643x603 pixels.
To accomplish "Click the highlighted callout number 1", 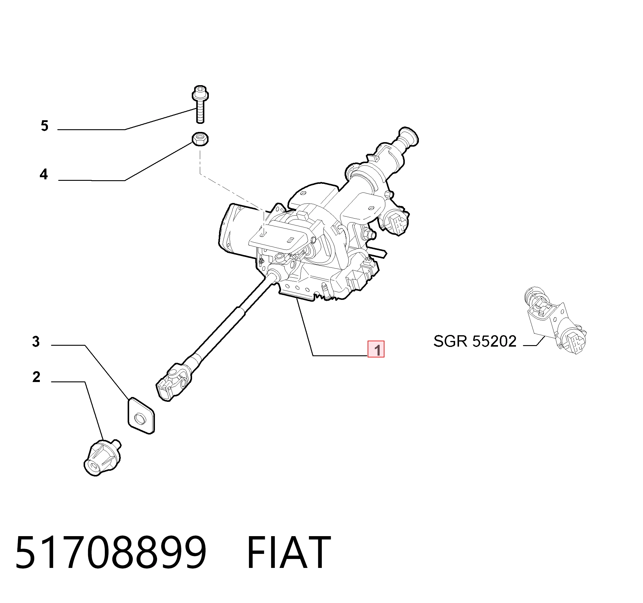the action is pos(376,349).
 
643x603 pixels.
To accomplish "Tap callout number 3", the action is pos(36,342).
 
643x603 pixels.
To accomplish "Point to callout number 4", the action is pos(44,175).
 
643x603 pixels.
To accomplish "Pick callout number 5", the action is pos(45,126).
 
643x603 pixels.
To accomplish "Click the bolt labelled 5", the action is pos(200,104).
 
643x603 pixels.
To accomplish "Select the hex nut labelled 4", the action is pos(200,139).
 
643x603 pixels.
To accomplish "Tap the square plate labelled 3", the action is pos(141,416).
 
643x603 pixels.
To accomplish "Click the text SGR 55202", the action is pos(475,342).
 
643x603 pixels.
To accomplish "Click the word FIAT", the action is pos(289,552).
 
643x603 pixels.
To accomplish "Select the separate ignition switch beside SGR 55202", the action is pos(555,321).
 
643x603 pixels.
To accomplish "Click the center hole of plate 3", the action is pos(140,419).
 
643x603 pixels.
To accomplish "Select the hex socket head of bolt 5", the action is pos(200,90).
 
